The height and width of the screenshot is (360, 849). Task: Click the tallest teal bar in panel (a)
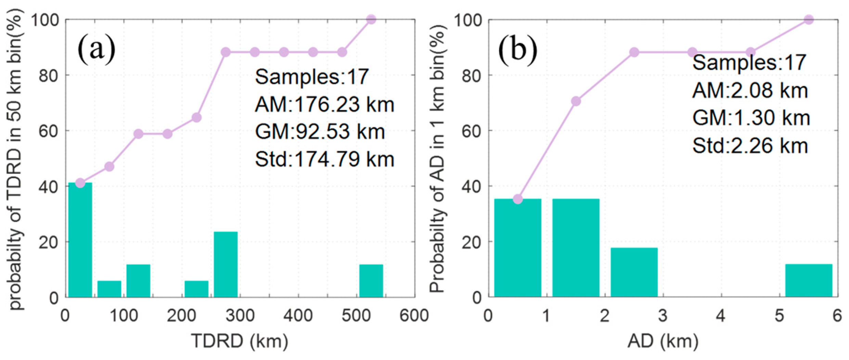[80, 240]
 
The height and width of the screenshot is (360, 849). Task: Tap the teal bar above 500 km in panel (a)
[371, 280]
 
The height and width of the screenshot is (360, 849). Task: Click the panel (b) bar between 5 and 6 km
[809, 280]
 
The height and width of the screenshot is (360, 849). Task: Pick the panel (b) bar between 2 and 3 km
[634, 272]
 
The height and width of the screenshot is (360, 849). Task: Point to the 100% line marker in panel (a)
[371, 20]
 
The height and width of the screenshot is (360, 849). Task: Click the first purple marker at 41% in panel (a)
[80, 183]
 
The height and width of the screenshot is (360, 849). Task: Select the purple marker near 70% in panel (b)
[576, 101]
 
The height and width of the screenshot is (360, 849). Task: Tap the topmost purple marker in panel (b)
[809, 20]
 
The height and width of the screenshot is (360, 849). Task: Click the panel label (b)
[518, 50]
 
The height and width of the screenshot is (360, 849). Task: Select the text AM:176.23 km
[324, 104]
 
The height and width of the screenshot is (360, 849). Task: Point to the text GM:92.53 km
[320, 132]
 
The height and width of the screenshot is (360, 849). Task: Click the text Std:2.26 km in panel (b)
[750, 145]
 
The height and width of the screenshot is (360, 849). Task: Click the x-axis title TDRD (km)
[240, 342]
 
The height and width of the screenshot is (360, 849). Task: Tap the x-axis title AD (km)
[663, 342]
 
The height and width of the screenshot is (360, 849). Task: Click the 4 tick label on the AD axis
[721, 316]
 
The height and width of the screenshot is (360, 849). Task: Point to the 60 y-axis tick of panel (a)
[47, 131]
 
